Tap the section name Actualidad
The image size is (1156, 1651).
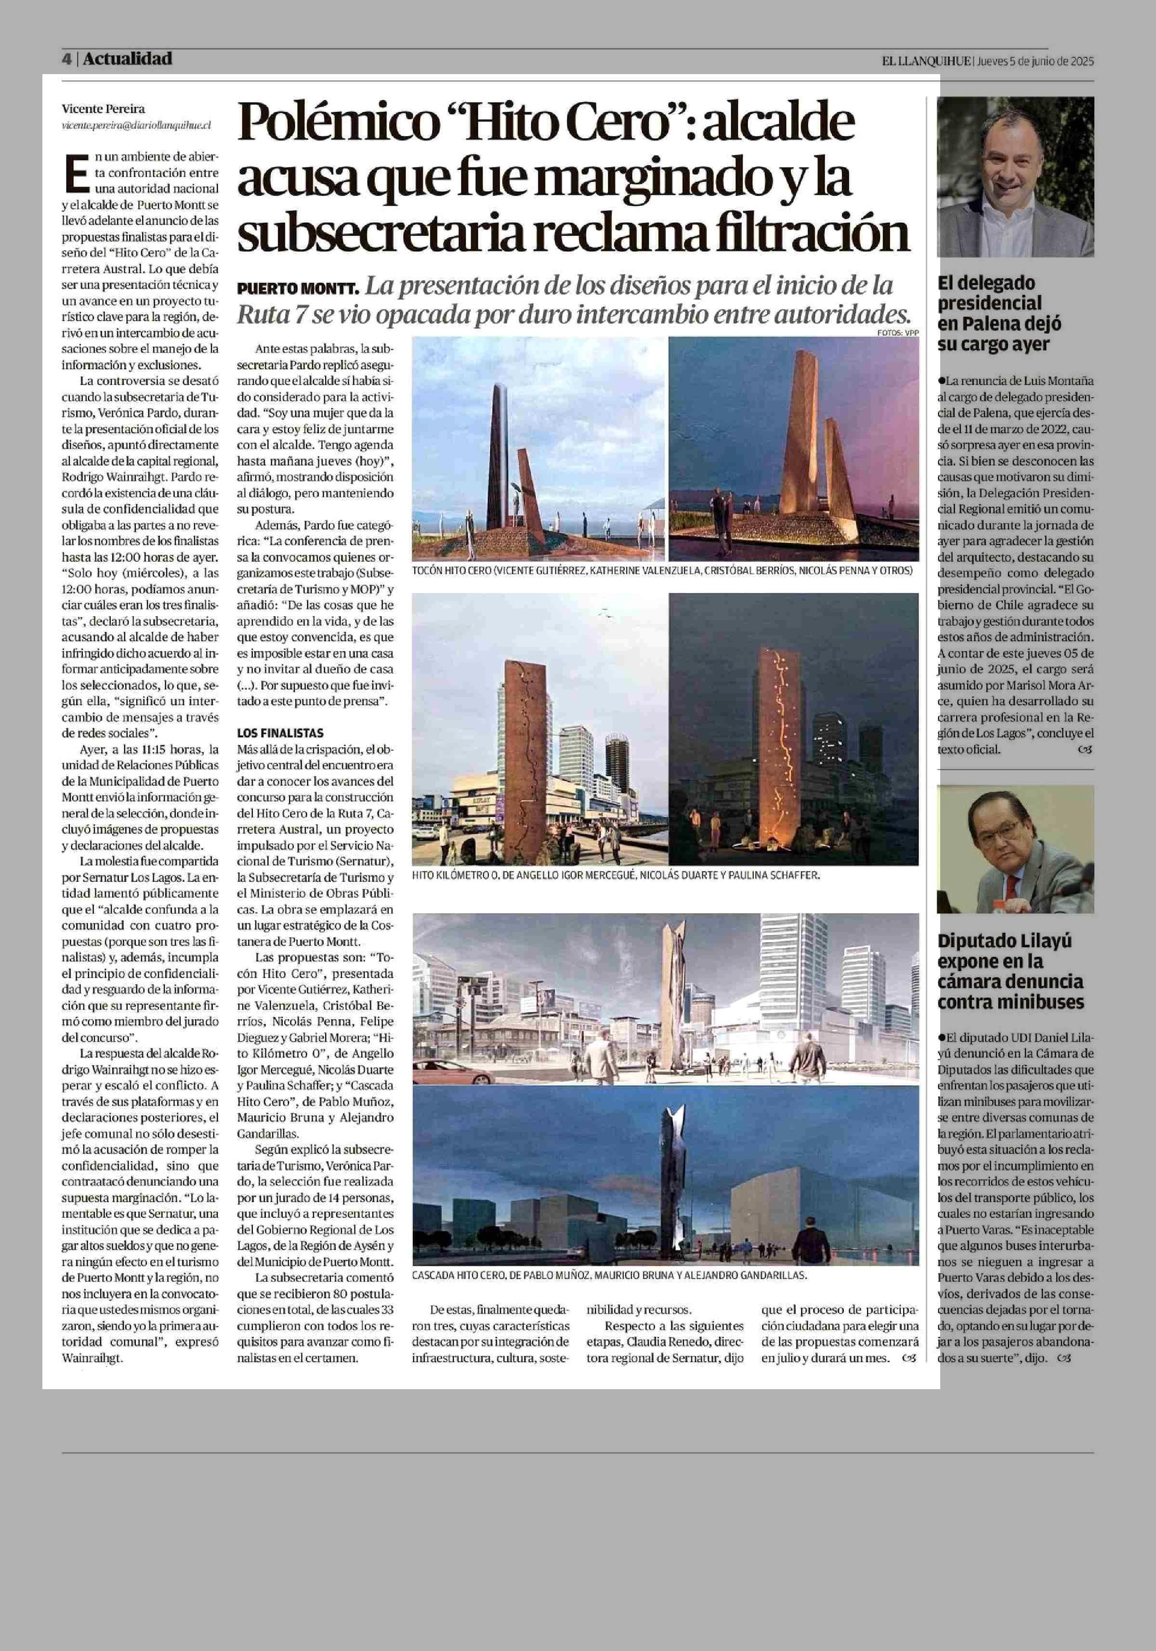pos(127,59)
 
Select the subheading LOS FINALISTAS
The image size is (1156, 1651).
pos(280,733)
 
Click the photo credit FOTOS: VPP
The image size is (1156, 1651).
pos(898,332)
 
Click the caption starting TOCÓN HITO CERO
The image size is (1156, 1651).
pos(662,570)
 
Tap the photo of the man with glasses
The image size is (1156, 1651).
pos(1015,849)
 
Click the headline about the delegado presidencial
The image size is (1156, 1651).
pos(999,313)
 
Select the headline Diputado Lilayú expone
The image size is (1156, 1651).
pos(1011,971)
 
